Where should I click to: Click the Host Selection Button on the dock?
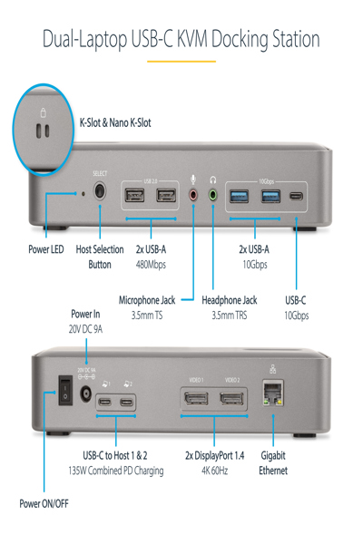coord(98,192)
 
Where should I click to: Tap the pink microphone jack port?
coord(192,193)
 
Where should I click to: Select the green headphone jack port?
coord(212,193)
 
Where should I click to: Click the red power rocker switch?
coord(64,390)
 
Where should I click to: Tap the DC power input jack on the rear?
coord(86,393)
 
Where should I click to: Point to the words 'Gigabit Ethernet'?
coord(273,462)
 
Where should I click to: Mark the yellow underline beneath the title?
coord(181,61)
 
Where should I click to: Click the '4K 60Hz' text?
coord(214,471)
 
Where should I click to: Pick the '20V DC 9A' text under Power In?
coord(85,330)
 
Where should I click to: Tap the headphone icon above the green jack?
coord(212,179)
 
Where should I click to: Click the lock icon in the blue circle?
coord(43,111)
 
